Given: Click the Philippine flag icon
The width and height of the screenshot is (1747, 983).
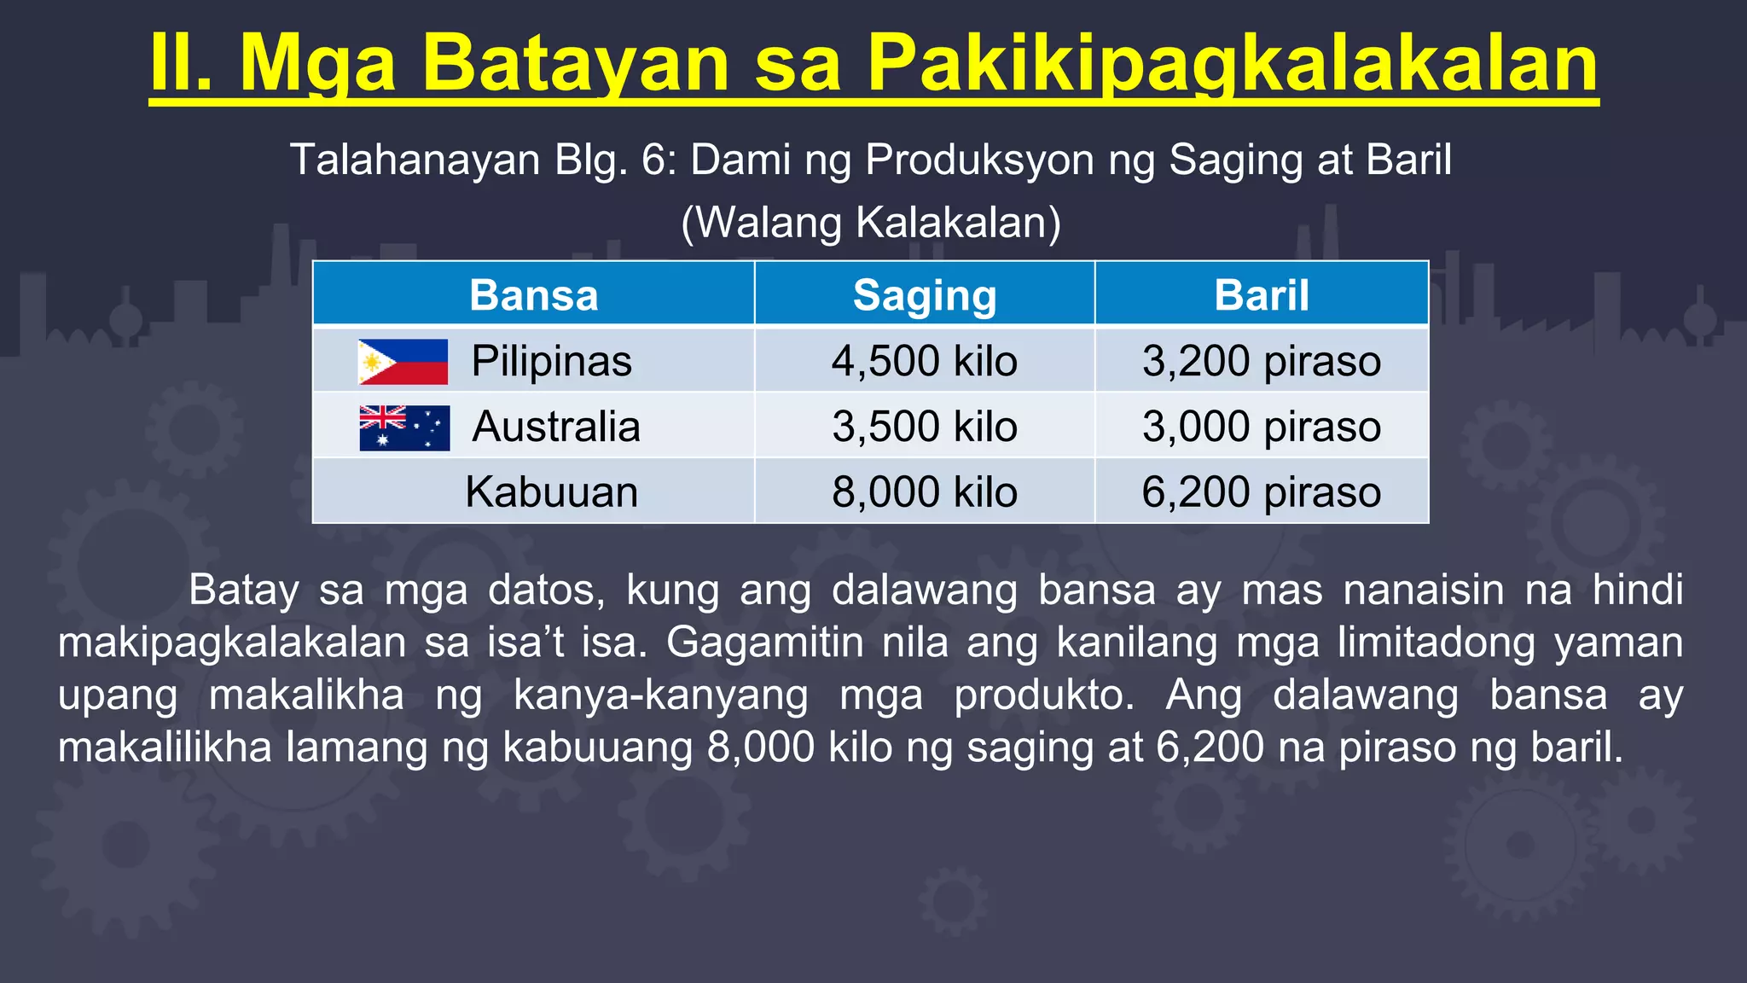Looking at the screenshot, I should tap(403, 362).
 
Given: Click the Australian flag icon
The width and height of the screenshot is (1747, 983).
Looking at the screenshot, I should tap(404, 428).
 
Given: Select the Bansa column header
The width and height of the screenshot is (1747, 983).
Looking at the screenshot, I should tap(534, 295).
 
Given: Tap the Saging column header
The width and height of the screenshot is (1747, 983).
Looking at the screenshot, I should tap(925, 296).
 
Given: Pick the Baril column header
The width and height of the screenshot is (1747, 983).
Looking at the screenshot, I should tap(1262, 295).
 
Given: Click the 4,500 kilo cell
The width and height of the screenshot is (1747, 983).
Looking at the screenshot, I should tap(925, 361).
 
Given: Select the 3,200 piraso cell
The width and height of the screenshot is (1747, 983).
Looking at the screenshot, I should tap(1262, 361).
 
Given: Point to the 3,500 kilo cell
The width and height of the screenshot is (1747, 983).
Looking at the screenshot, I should tap(925, 427).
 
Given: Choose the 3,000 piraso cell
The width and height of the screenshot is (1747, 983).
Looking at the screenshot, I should tap(1262, 427).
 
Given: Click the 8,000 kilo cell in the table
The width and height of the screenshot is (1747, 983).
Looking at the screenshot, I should tap(925, 492).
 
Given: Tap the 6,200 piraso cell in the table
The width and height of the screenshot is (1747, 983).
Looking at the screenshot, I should tap(1262, 492).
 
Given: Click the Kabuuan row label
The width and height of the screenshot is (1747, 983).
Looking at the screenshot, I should tap(552, 492).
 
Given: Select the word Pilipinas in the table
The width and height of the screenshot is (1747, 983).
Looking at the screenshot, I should tap(552, 361).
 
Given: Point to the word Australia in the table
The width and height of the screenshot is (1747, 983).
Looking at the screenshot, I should tap(556, 427).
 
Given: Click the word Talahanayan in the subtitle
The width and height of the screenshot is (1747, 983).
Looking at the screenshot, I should tap(415, 160).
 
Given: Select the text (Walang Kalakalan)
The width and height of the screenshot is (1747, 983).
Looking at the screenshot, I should tap(871, 223).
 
